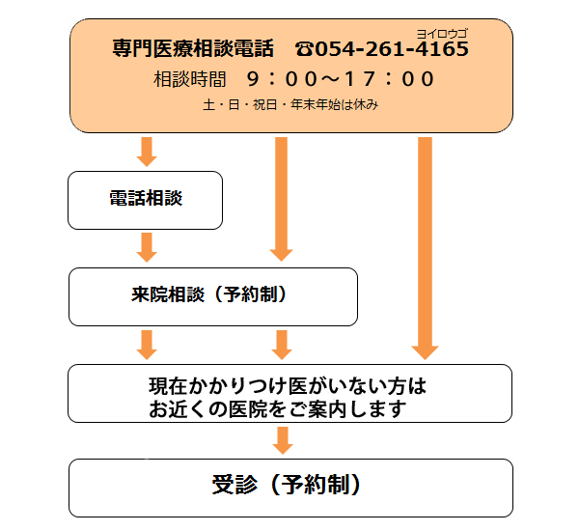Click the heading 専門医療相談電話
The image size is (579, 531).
tap(193, 48)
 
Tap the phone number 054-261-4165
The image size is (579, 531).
tap(392, 49)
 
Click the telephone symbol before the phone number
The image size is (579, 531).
tap(304, 49)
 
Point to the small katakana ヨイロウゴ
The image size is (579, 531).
tap(442, 34)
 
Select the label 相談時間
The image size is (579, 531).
tap(189, 79)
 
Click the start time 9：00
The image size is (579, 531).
tap(282, 79)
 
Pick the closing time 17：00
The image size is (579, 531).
tap(389, 79)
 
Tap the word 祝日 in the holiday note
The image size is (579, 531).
tap(264, 105)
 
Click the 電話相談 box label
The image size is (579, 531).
tap(146, 198)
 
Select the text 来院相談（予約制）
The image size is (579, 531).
tap(208, 294)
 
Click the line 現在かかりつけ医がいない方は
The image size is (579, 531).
tap(288, 386)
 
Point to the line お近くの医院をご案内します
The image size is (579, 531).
tap(278, 409)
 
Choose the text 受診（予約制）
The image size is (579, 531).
tap(286, 485)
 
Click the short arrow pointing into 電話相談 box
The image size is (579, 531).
tap(147, 152)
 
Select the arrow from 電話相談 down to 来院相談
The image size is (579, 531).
tap(147, 247)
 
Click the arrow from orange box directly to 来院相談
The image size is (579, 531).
tap(282, 199)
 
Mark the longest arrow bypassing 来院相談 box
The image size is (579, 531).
tap(425, 248)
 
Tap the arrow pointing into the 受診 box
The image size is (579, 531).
tap(283, 440)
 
